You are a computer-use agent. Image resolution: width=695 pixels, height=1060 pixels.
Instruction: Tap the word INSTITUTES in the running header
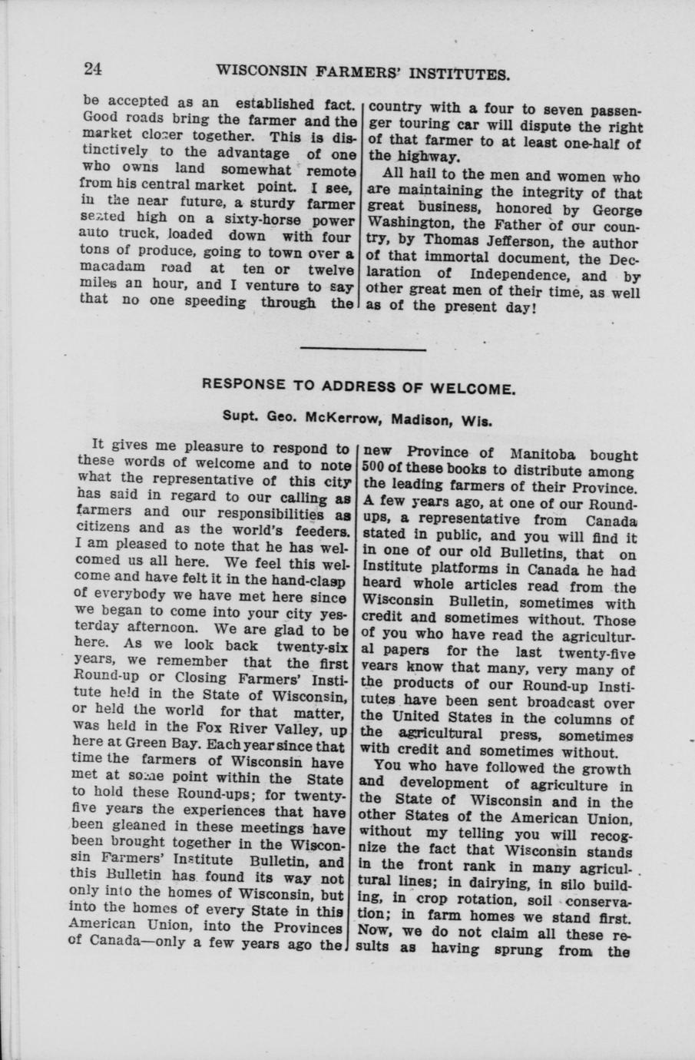(462, 74)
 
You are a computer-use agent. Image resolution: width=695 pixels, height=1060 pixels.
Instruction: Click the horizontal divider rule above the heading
(363, 349)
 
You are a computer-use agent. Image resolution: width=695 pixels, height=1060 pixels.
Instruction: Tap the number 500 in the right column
(372, 471)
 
